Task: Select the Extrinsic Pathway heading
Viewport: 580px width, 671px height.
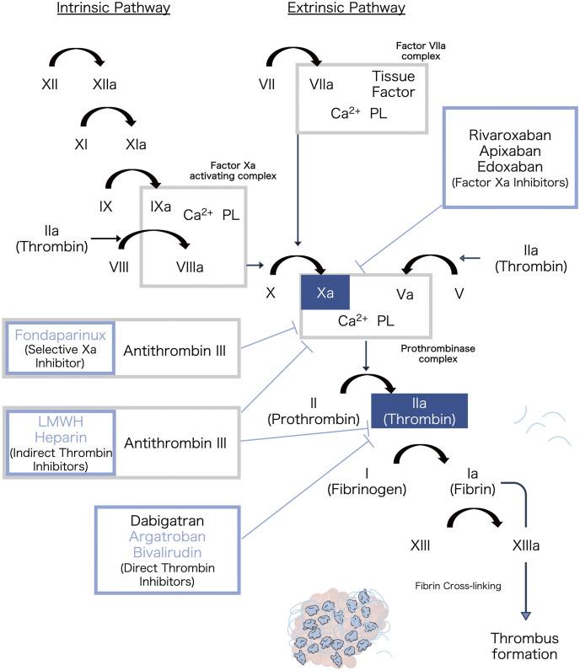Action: [346, 9]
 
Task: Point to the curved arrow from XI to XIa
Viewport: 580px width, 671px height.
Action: [107, 115]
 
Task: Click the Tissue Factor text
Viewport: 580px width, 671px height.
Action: [393, 84]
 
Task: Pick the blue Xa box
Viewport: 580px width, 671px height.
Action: [326, 293]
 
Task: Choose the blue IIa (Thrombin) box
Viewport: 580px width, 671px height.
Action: [420, 411]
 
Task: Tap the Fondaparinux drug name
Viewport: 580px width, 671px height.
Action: [59, 335]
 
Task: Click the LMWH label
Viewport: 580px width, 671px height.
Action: [59, 421]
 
